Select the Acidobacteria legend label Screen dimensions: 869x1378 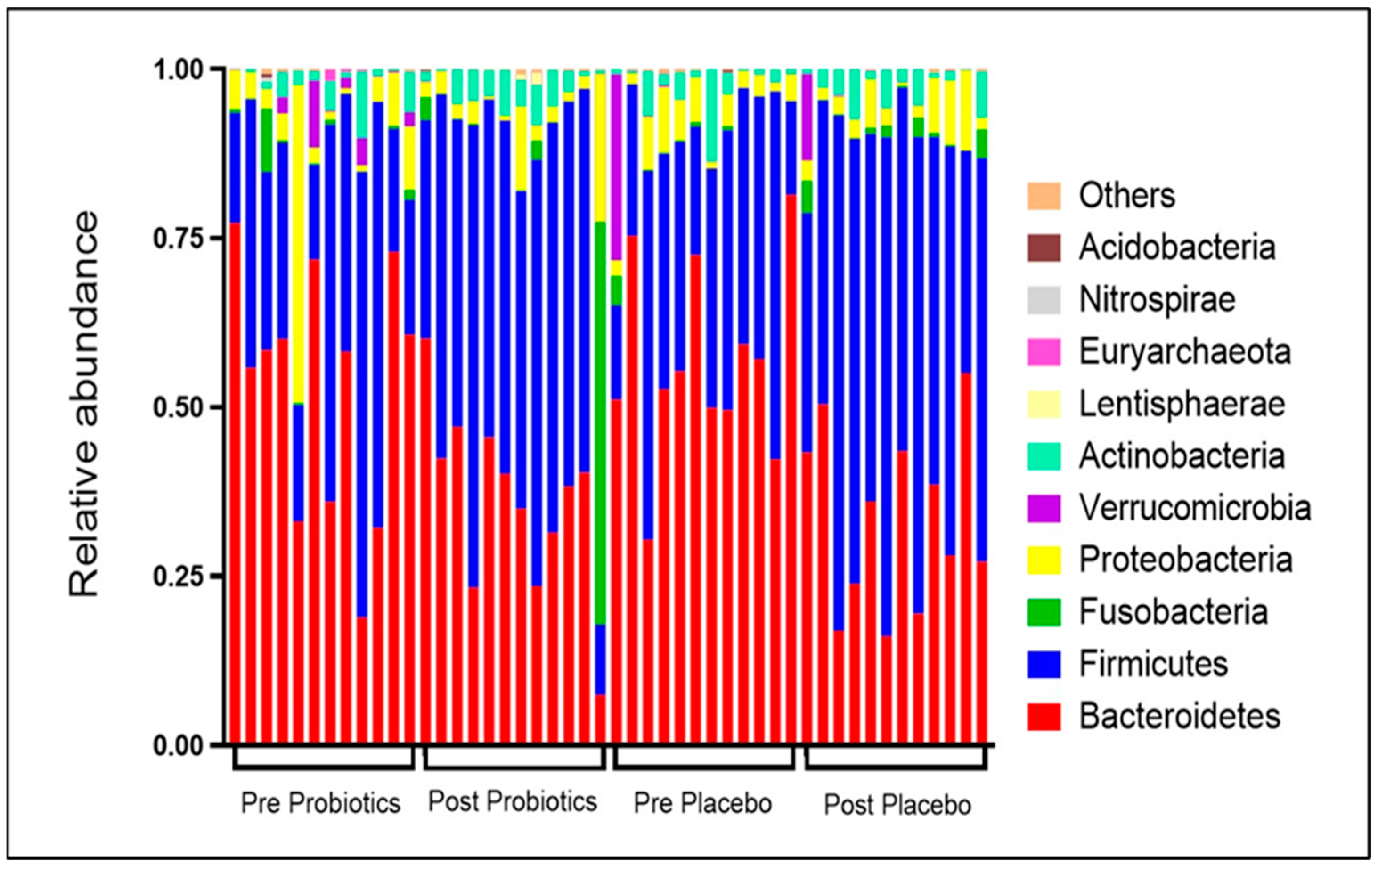[1177, 248]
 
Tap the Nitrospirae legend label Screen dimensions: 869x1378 [1157, 300]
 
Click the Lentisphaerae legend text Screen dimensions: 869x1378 [1182, 404]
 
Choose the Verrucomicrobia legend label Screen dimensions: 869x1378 [1195, 508]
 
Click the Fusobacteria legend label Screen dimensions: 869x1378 [1173, 612]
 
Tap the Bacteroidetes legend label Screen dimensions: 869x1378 [1179, 716]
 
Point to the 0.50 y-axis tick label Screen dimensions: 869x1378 [179, 408]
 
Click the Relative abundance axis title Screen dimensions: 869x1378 [84, 404]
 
